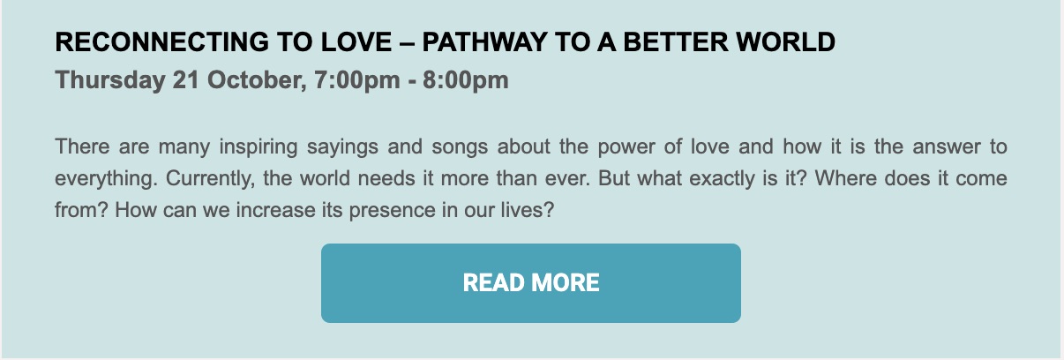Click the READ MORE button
tap(531, 283)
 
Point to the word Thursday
tap(110, 79)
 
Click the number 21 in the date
tap(186, 79)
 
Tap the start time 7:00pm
tap(357, 80)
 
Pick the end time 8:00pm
tap(466, 80)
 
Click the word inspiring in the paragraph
tap(259, 146)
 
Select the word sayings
tap(342, 147)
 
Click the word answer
tap(947, 147)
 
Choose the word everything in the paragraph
tap(106, 179)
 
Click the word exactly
tap(722, 179)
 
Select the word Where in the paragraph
tap(846, 178)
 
